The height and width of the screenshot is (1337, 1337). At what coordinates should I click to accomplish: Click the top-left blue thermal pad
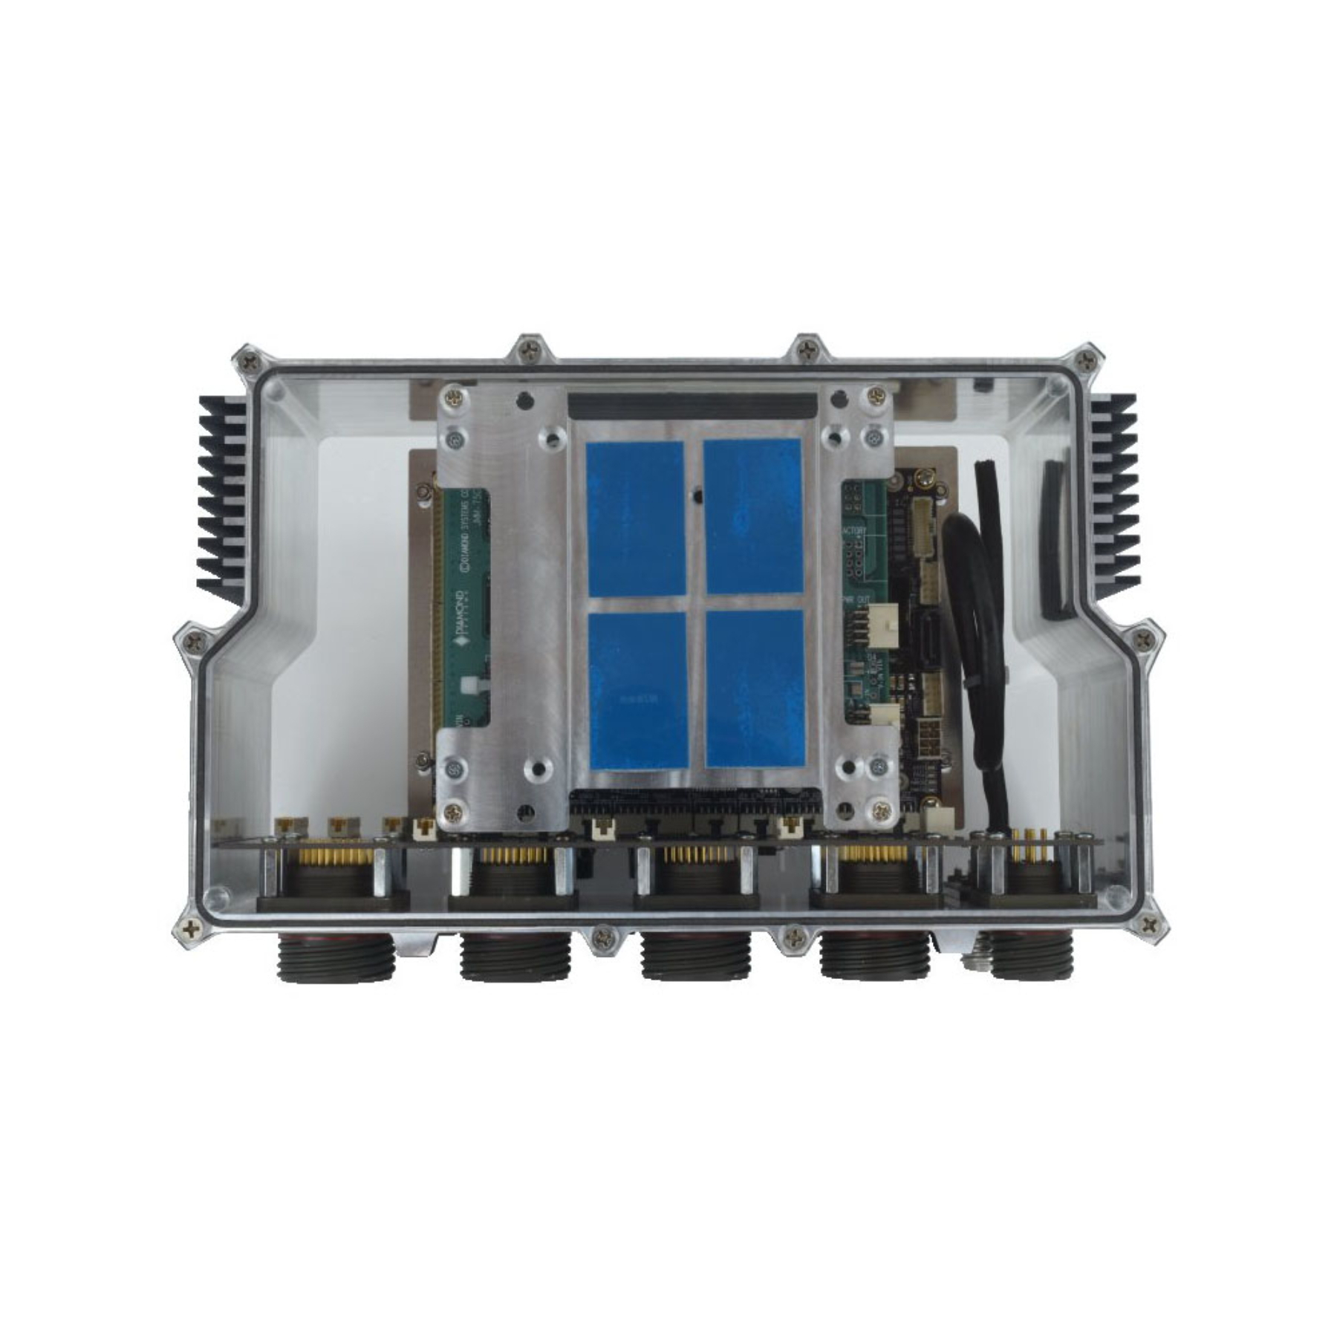pos(635,518)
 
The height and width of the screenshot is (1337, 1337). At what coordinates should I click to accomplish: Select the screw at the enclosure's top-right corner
pos(1087,361)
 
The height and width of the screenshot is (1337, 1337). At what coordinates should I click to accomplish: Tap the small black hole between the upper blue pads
pos(694,492)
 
